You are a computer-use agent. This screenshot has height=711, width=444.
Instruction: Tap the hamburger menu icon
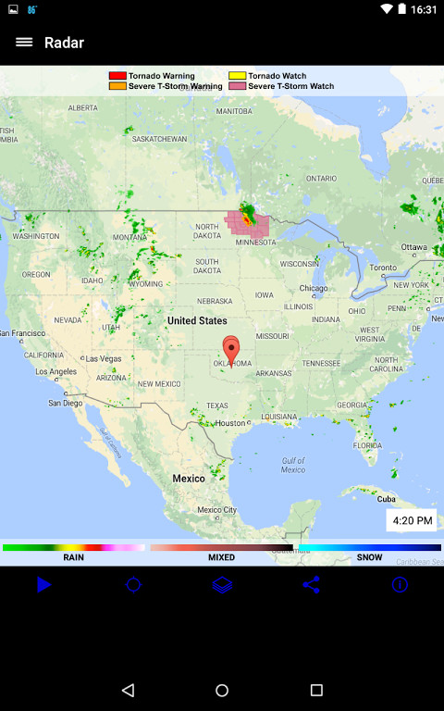point(24,43)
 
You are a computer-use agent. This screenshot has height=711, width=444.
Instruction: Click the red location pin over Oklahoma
point(231,349)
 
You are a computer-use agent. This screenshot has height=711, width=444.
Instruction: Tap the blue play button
point(43,584)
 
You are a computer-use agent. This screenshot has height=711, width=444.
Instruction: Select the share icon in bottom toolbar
point(311,584)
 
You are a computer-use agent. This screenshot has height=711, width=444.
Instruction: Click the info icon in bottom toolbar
point(400,584)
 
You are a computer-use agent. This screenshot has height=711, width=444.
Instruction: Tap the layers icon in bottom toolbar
point(222,584)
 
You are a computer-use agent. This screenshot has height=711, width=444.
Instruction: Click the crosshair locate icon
point(133,584)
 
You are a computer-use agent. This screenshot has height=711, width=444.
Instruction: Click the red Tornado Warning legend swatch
point(117,76)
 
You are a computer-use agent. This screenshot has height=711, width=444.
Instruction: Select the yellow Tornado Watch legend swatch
point(238,76)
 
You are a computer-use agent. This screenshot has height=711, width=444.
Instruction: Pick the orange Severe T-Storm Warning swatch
point(117,86)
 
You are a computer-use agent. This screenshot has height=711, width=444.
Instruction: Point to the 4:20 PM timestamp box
point(412,520)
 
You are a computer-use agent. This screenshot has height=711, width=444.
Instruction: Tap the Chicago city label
point(314,288)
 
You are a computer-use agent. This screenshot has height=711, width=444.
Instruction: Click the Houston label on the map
point(229,423)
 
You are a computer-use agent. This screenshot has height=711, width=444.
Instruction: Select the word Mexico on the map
point(189,479)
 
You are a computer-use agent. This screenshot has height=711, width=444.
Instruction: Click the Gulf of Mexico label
point(293,465)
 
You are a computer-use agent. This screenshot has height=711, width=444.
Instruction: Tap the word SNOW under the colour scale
point(369,558)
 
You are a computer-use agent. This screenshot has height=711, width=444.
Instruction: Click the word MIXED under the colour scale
point(221,558)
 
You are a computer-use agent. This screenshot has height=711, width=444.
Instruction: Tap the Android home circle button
point(222,690)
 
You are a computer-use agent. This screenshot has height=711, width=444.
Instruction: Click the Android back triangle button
point(128,690)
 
